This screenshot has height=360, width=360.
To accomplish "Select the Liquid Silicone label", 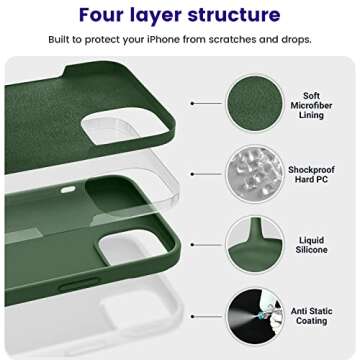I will [312, 244].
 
